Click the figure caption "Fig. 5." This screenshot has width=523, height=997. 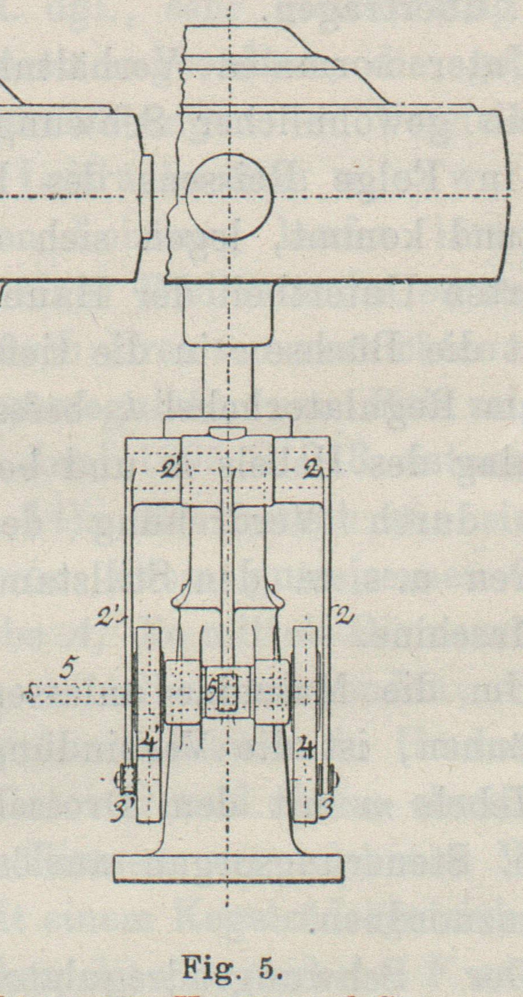click(x=232, y=968)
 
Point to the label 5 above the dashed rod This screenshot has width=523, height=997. click(x=67, y=670)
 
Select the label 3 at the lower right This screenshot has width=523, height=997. click(x=326, y=810)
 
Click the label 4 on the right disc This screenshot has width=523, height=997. click(x=307, y=747)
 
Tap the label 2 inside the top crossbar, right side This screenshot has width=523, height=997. click(x=312, y=472)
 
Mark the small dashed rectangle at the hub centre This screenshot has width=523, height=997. click(x=228, y=692)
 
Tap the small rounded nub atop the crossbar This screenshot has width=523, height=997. click(x=228, y=430)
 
